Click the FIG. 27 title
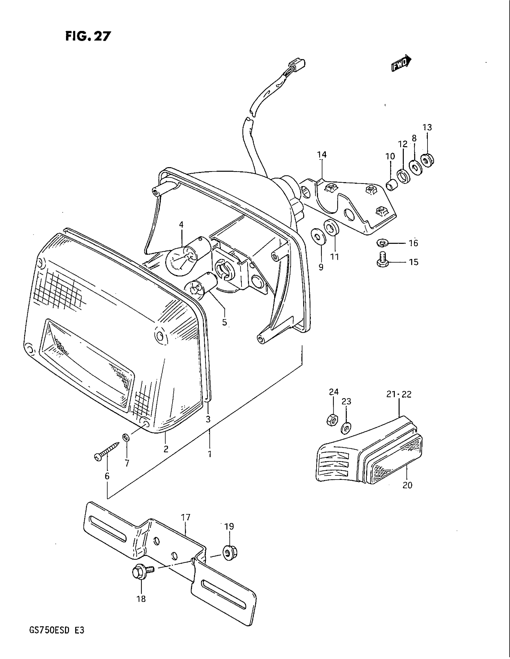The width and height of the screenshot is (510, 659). (88, 36)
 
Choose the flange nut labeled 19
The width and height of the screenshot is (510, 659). (230, 552)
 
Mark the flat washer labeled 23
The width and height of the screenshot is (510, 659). (345, 428)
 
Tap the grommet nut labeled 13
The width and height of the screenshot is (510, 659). (427, 160)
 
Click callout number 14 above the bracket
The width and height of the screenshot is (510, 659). (322, 155)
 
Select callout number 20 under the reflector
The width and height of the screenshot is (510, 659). (407, 485)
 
